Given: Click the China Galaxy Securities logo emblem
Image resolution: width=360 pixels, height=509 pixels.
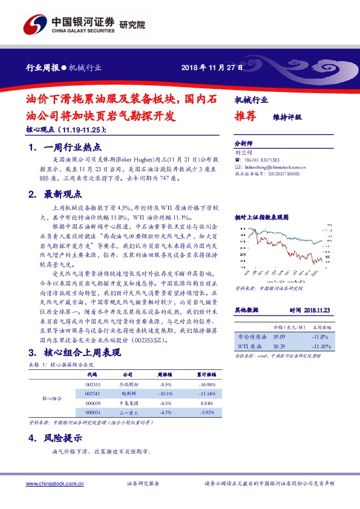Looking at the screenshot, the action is [36, 26].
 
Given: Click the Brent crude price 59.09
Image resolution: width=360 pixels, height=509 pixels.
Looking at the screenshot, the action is [279, 337].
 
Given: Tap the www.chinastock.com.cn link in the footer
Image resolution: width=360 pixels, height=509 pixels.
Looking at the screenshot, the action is [54, 483].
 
